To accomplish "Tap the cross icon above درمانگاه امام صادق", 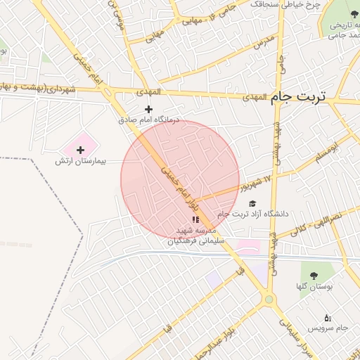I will tap(148, 109).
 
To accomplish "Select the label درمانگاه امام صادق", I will tap(148, 120).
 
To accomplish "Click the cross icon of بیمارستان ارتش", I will tap(80, 149).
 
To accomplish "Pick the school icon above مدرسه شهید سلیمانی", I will tap(195, 220).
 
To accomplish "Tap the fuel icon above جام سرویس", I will tap(328, 318).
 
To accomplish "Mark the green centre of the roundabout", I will tap(268, 300).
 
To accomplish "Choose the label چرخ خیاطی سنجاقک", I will tap(287, 4).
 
